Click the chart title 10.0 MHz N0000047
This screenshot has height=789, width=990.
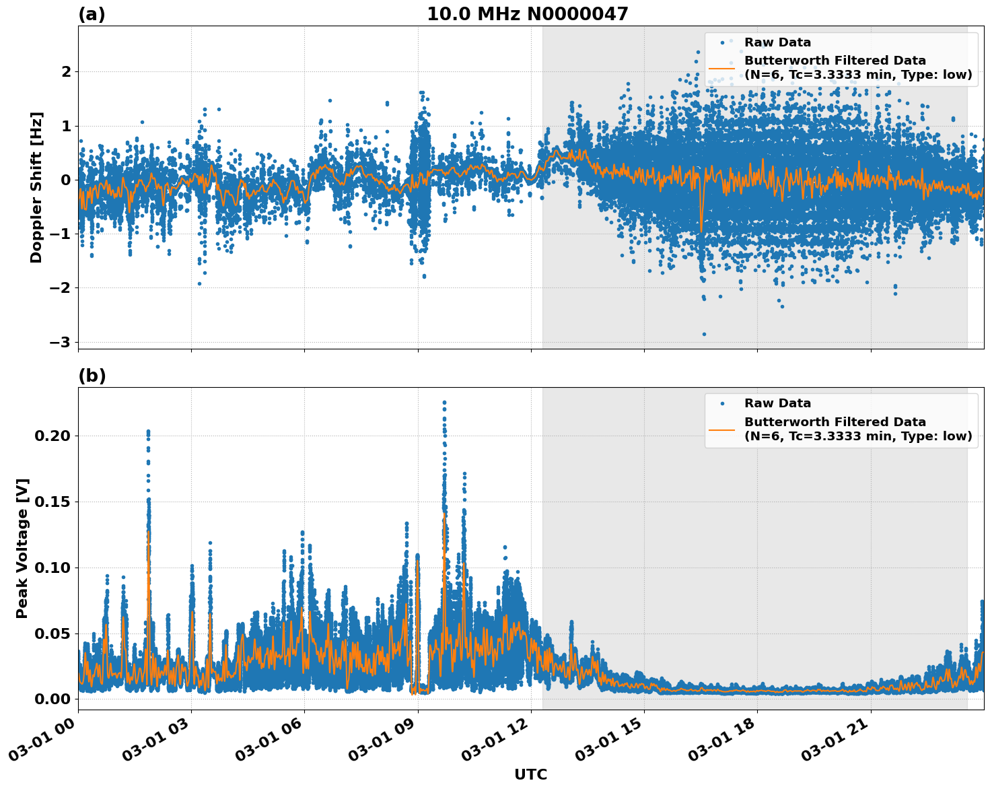point(527,14)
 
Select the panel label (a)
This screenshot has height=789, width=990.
point(92,14)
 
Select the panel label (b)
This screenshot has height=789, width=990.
point(92,376)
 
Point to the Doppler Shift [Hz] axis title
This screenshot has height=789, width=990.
point(36,187)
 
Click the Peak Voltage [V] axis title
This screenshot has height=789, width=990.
point(22,549)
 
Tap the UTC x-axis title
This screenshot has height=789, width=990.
point(530,774)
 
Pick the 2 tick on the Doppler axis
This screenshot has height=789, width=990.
point(66,71)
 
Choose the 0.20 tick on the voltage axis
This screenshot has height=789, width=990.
point(52,436)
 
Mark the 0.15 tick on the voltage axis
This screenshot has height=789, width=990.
point(52,502)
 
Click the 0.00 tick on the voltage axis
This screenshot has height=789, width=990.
point(52,699)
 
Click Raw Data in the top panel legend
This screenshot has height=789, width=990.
point(777,42)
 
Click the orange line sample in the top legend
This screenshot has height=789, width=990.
point(721,67)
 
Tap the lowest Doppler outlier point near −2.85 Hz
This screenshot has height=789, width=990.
point(704,334)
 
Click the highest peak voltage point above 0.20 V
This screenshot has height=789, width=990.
point(444,403)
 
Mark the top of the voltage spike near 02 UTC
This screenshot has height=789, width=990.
point(148,431)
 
